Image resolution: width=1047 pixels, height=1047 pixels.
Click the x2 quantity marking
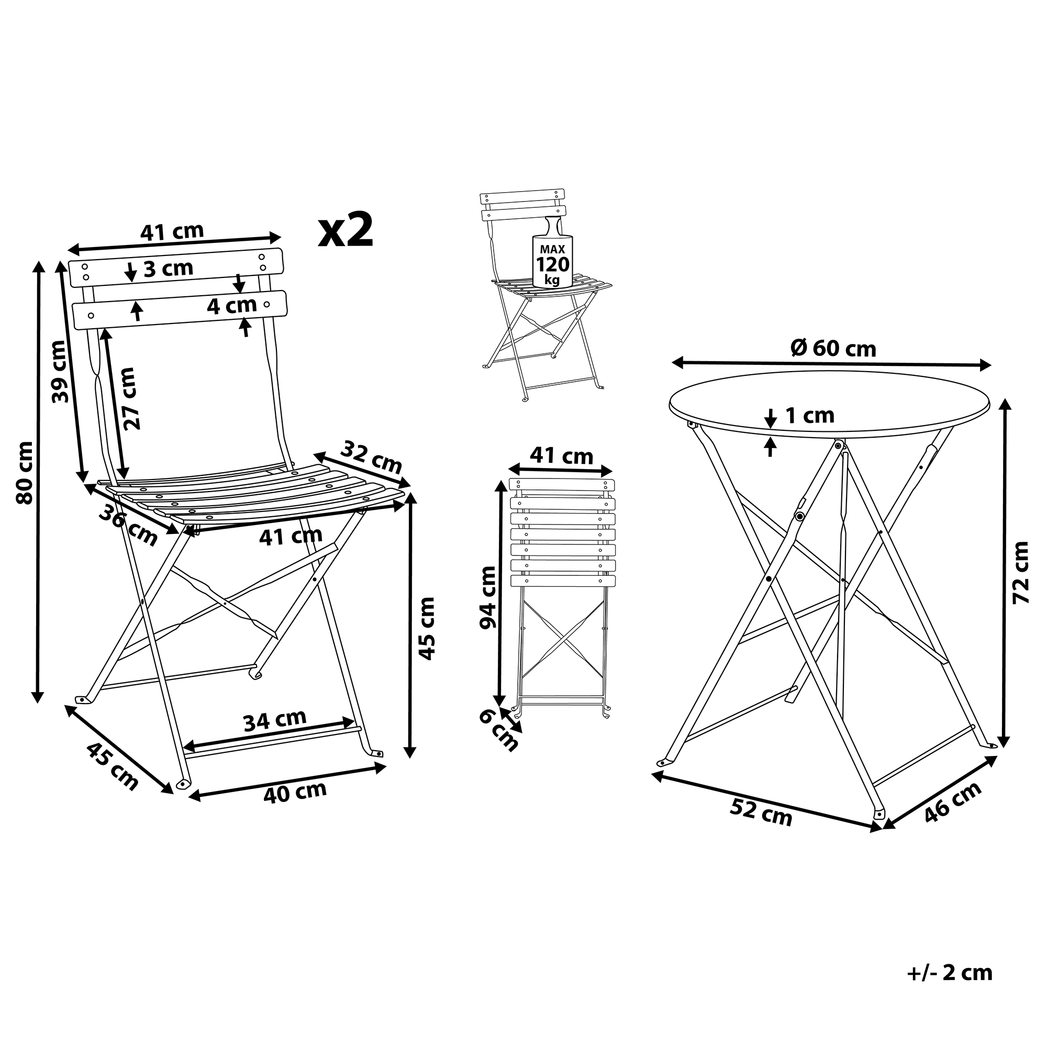click(x=345, y=230)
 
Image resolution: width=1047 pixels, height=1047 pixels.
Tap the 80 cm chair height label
click(x=25, y=473)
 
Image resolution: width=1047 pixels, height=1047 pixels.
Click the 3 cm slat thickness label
click(x=168, y=269)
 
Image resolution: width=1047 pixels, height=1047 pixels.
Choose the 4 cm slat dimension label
click(x=232, y=306)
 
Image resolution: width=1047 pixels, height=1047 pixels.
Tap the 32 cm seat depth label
click(x=372, y=458)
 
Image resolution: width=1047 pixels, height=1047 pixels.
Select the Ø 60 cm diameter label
click(x=833, y=349)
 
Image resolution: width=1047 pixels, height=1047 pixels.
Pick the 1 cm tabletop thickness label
click(x=810, y=416)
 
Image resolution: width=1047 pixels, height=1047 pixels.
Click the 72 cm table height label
click(x=1020, y=572)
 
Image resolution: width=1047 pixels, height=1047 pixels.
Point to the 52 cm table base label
click(x=761, y=812)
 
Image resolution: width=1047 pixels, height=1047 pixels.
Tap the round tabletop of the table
click(x=830, y=404)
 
